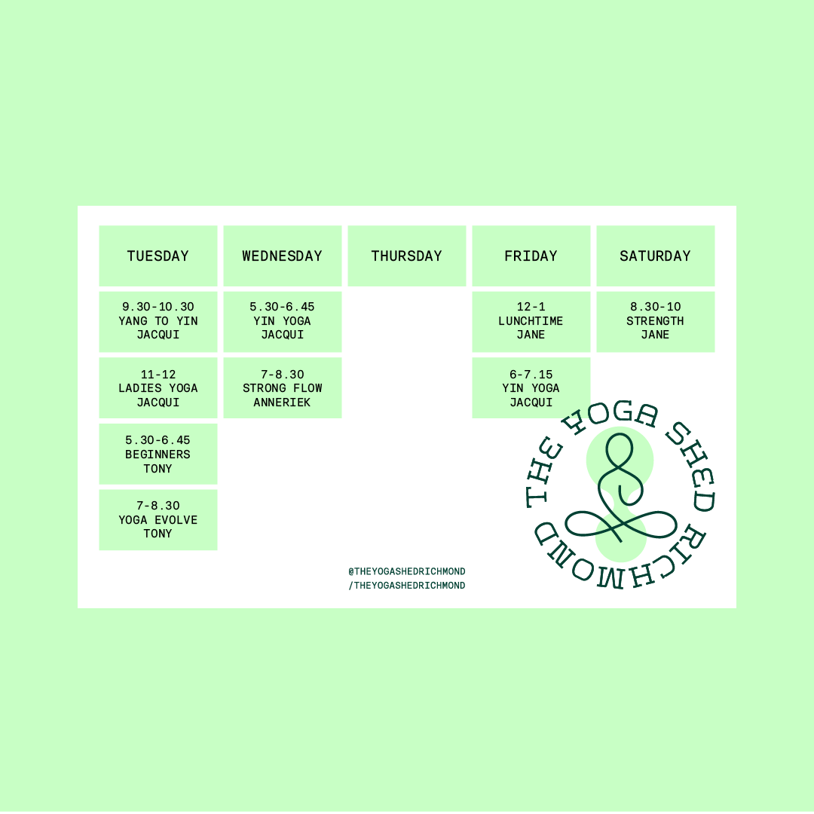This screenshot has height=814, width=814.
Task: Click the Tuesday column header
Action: click(158, 256)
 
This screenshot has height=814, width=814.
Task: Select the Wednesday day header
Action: click(282, 256)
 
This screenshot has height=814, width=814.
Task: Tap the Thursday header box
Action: click(406, 256)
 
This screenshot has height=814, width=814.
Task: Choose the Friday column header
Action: click(531, 256)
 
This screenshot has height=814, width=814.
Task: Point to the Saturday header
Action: click(655, 256)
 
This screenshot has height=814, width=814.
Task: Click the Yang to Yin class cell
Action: click(158, 321)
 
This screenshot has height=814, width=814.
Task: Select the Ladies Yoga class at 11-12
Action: click(158, 387)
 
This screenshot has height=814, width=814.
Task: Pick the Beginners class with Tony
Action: click(158, 454)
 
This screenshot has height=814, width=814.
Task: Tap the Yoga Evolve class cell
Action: click(158, 519)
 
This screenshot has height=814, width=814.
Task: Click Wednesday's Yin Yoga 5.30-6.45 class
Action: click(282, 321)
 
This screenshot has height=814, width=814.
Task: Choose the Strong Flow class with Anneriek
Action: click(282, 387)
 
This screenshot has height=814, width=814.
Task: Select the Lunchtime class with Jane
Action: click(531, 321)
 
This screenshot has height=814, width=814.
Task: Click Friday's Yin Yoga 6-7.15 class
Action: click(531, 387)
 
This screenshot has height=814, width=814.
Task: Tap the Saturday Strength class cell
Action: click(655, 321)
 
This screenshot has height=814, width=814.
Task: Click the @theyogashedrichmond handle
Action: click(406, 571)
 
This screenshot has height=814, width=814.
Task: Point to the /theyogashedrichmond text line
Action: click(406, 586)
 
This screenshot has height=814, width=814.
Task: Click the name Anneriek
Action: click(282, 402)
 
